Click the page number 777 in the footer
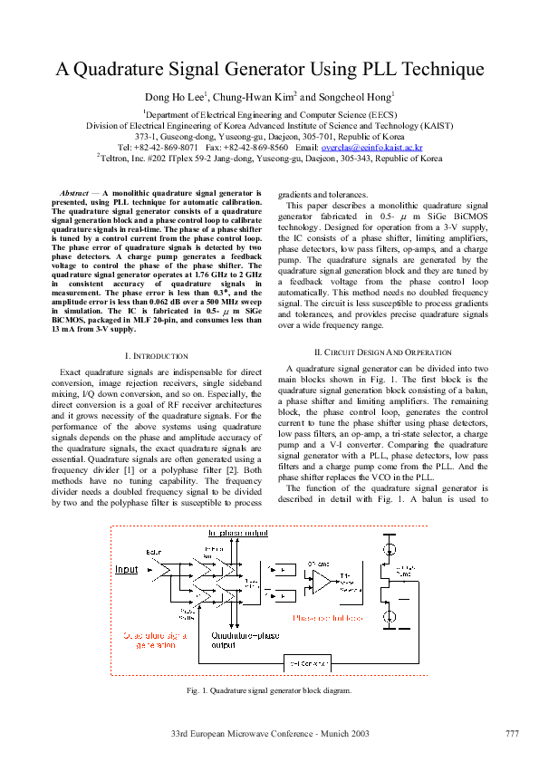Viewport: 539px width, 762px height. [512, 732]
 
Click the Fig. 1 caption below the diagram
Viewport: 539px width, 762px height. [269, 691]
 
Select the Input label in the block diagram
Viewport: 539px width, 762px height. [127, 569]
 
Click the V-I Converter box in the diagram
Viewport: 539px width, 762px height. [306, 661]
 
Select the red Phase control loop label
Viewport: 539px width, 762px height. [327, 618]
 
